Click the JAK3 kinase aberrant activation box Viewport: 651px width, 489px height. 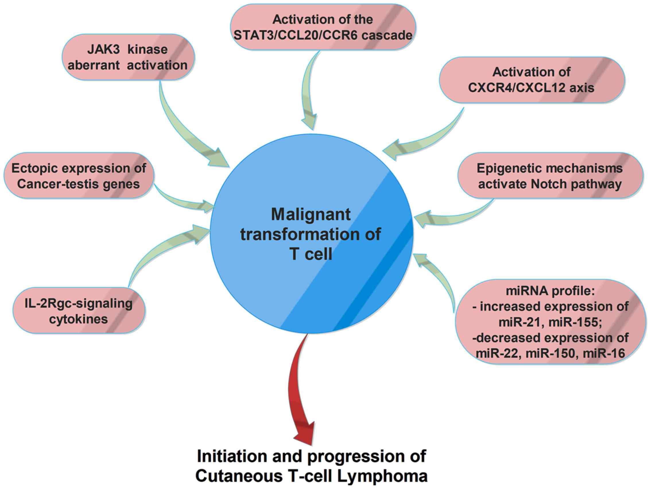coord(128,57)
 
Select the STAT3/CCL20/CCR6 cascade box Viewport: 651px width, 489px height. coord(323,27)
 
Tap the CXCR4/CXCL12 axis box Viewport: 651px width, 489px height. coord(532,80)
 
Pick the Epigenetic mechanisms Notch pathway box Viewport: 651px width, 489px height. coord(550,176)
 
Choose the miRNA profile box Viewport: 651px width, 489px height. coord(550,322)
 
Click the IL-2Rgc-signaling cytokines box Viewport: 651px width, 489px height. coord(79,311)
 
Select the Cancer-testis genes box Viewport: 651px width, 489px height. coord(79,176)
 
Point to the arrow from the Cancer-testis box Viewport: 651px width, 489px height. coord(183,200)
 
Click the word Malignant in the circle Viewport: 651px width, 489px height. coord(311,215)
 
